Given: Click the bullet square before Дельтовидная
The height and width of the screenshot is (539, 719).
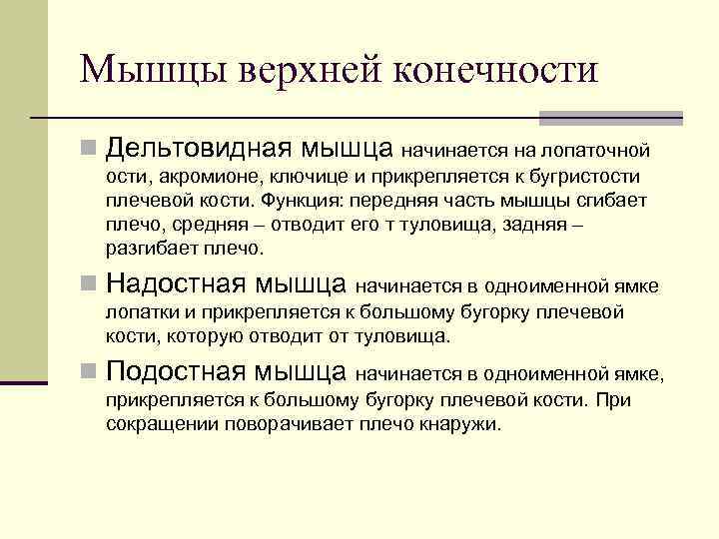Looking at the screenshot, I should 89,151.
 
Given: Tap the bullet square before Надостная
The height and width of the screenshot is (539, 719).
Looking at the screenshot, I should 89,286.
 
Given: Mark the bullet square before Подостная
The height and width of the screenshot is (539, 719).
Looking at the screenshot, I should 89,373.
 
